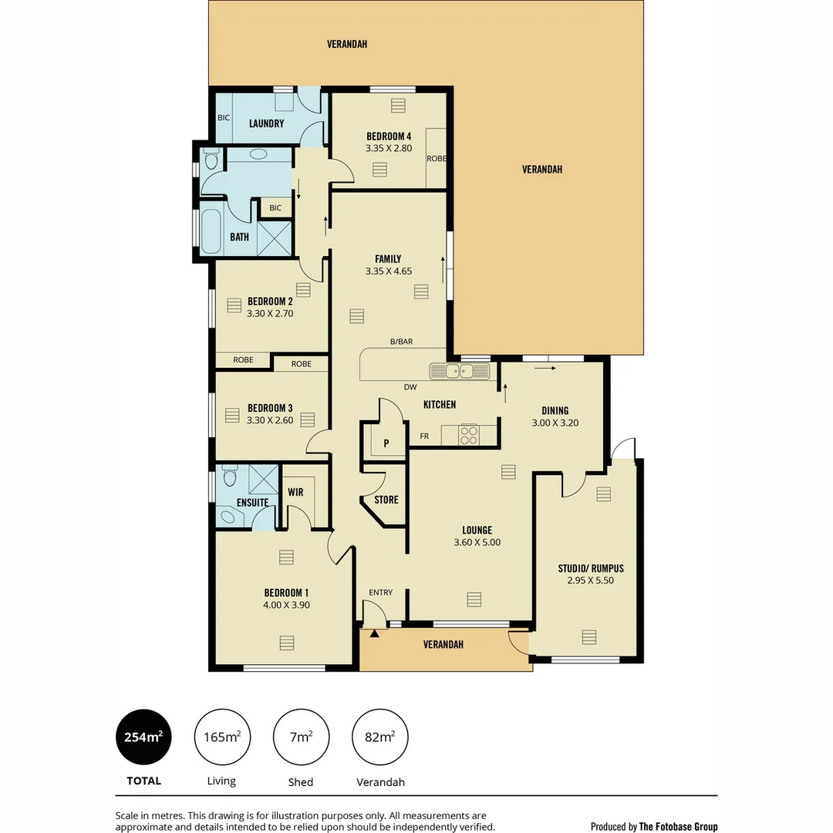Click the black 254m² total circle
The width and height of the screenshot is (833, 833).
tap(143, 737)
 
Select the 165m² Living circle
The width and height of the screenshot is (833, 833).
tap(222, 737)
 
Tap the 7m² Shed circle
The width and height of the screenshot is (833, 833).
tap(301, 737)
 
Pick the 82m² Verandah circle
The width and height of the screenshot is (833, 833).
tap(379, 737)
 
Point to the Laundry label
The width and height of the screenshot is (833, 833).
tap(266, 123)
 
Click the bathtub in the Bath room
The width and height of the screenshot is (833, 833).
tap(211, 229)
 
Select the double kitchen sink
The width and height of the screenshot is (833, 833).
tap(460, 372)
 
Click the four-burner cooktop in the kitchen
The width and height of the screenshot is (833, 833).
tap(469, 436)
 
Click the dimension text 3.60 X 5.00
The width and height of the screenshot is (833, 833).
tap(477, 542)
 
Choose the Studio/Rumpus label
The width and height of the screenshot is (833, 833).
tap(591, 568)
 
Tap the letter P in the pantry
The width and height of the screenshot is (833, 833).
tap(386, 443)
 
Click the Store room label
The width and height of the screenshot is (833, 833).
tap(386, 500)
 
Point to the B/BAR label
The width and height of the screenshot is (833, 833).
tap(401, 341)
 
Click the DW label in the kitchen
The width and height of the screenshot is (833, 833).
tap(410, 387)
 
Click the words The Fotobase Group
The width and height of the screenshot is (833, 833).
tap(678, 826)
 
